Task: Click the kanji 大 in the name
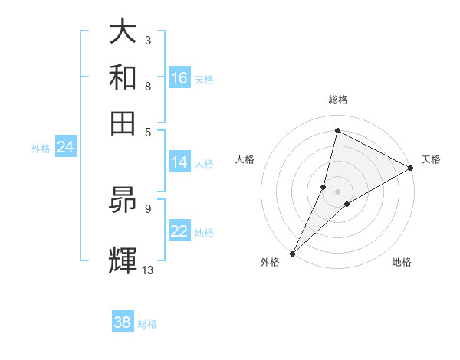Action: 123,33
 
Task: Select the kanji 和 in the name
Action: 123,77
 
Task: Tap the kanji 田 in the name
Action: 123,123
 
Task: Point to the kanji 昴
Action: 123,199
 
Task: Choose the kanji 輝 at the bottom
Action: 123,258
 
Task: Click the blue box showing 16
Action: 179,77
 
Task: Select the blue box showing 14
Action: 179,162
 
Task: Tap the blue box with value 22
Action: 179,231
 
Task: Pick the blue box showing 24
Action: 65,147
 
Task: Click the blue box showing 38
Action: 123,322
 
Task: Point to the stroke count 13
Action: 148,270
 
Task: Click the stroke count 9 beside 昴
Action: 147,208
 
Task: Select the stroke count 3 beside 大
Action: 147,40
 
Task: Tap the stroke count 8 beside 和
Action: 147,86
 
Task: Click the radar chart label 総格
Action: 337,100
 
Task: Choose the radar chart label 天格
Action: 431,159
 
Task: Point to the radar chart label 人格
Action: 245,159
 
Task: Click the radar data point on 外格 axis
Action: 292,253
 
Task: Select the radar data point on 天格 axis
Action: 411,168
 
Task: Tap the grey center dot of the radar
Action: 337,191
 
